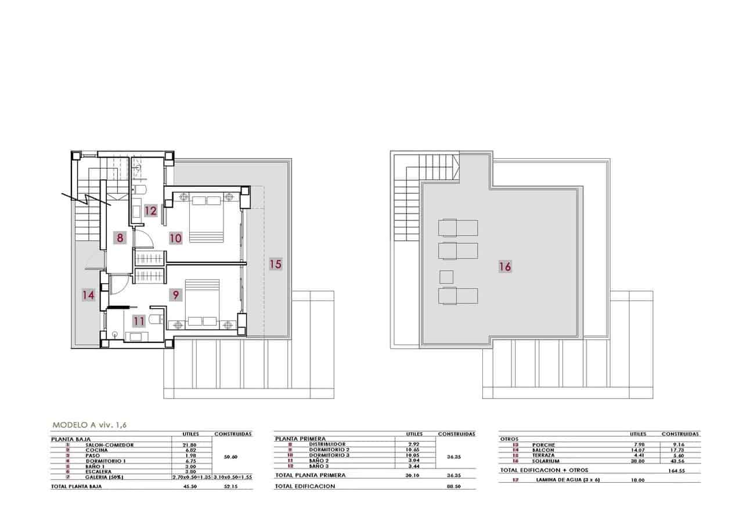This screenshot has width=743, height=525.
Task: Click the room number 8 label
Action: click(120, 237)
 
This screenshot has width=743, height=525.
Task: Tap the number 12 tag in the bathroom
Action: click(151, 211)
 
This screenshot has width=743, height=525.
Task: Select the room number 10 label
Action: click(175, 237)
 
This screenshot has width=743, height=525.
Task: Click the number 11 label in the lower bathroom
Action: click(138, 320)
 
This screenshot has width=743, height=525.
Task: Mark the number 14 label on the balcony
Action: click(88, 295)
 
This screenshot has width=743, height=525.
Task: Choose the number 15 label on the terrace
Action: click(275, 264)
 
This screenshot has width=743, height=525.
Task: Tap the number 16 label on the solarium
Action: click(505, 267)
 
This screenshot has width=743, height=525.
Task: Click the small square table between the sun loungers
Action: click(446, 277)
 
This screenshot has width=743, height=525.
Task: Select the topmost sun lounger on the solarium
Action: click(458, 227)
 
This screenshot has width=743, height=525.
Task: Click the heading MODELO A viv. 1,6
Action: click(89, 425)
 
